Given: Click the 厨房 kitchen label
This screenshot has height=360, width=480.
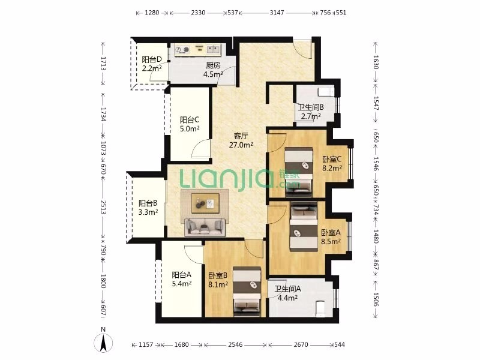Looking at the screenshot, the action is point(213,65).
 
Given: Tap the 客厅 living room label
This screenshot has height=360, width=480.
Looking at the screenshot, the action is point(241,136).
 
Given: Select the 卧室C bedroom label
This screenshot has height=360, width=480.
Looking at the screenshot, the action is point(332,159).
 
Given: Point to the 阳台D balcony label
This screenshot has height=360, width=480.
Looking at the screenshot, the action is point(152,59).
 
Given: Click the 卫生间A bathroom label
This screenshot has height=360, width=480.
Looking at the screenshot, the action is point(287,289).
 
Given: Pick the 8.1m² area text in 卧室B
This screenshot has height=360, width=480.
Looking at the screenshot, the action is point(218,284).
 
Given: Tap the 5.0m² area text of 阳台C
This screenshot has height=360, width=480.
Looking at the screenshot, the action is point(190,129).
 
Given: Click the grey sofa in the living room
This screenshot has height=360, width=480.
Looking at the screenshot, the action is point(205,227).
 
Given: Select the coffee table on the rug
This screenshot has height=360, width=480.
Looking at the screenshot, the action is point(205,203).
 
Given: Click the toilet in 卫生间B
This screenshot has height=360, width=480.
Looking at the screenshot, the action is point(326,92).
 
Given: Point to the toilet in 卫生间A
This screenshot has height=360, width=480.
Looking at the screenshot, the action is point(320,308).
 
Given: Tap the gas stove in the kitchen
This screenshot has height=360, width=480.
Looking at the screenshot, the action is point(182,49).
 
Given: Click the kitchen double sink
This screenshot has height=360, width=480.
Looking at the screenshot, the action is point(213,49).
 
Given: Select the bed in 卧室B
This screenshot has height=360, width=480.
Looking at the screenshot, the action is point(247,292).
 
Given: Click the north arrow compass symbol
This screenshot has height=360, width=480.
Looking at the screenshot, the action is point(104,343).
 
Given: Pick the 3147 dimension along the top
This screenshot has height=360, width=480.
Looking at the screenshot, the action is point(277,13).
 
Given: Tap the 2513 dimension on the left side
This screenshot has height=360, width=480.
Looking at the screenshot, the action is point(103,207).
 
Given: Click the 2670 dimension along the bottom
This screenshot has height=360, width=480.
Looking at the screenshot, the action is point(301,344).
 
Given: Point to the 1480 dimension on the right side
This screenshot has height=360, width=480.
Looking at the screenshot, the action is point(376,236).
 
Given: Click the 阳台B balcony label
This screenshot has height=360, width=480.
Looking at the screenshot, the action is point(148,203).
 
